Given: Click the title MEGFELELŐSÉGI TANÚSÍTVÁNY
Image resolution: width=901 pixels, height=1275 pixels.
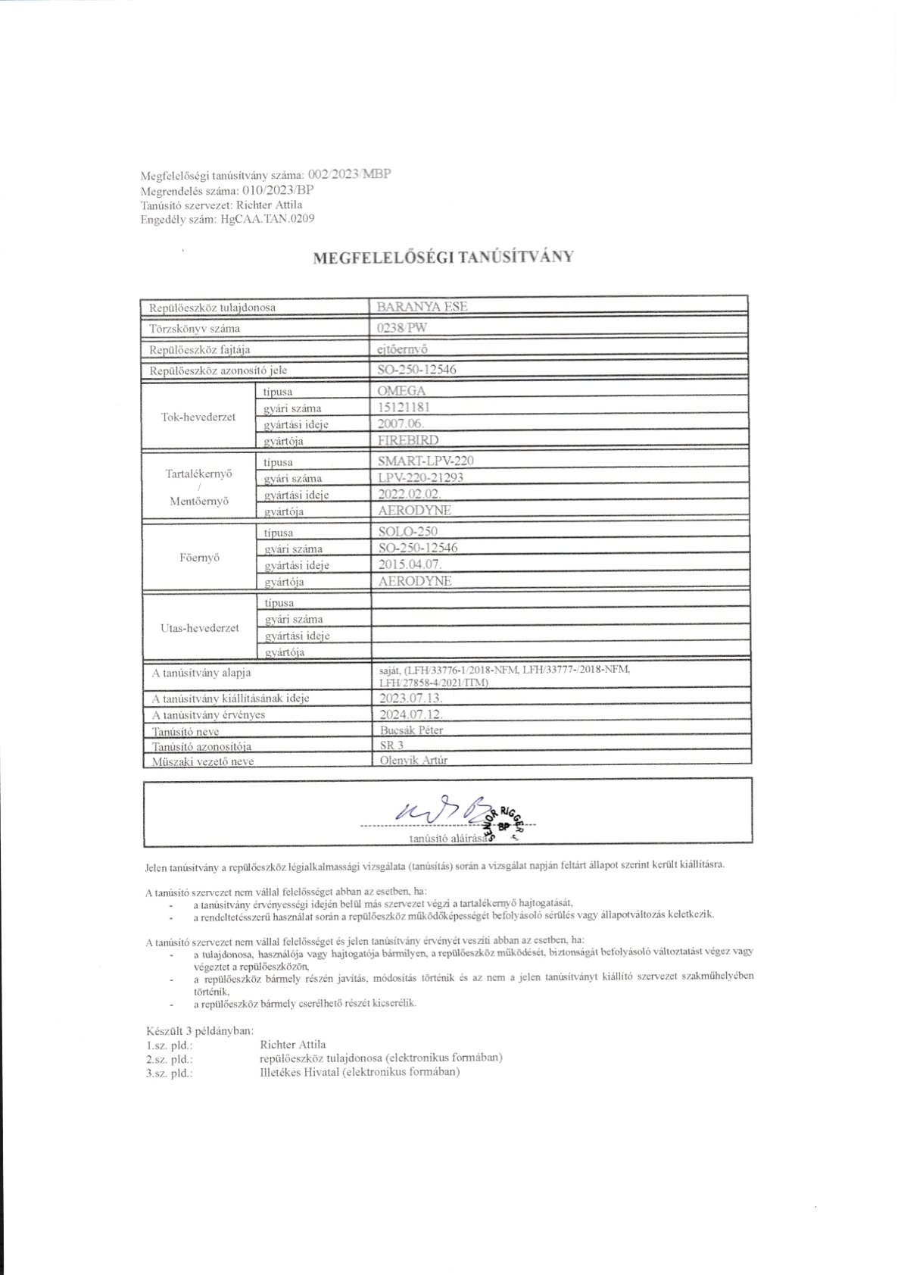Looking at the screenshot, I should (444, 257).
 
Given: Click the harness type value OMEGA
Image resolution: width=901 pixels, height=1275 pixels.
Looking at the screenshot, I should (401, 391).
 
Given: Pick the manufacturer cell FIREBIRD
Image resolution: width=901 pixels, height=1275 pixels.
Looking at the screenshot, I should (407, 439).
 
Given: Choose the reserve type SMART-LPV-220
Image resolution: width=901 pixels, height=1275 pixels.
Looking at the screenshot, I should (426, 461).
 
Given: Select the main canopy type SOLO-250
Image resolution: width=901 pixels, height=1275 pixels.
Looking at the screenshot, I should (407, 531).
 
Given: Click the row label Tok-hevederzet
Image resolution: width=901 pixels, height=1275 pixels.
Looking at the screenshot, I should (198, 416).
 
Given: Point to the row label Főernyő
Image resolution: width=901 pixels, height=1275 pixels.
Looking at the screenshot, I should (198, 558).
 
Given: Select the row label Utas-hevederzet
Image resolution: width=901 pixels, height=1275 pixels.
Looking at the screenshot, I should (199, 627).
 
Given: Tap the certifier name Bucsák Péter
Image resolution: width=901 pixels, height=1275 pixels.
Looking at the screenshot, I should (410, 730).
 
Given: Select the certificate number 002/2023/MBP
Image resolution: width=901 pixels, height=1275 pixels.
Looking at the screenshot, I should (350, 173).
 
